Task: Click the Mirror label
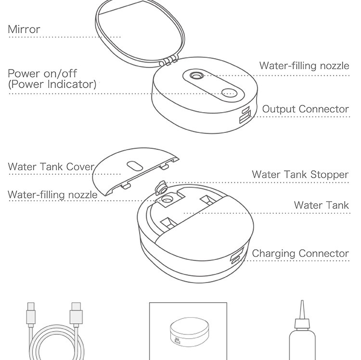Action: tap(24, 29)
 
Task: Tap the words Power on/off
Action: tap(42, 74)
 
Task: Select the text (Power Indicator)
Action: tap(52, 84)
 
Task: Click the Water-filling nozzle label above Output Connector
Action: tap(304, 65)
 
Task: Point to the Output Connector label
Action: tap(306, 109)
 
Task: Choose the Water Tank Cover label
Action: tap(51, 167)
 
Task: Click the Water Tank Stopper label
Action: tap(300, 175)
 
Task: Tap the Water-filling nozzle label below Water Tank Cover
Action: tap(52, 195)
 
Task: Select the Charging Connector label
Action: tap(300, 254)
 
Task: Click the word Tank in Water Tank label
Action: tap(338, 205)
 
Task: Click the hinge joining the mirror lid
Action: tap(169, 61)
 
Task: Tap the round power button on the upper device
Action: tap(229, 93)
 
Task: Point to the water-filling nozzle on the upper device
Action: tap(196, 76)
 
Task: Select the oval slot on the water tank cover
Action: tap(135, 166)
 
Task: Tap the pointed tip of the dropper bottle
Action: tap(302, 301)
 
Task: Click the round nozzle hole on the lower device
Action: tap(167, 199)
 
